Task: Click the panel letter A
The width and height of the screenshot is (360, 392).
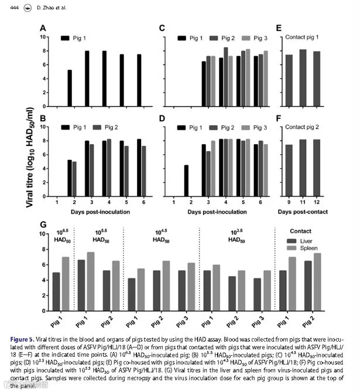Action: point(43,28)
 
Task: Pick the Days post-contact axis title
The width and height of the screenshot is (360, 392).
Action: point(303,212)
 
